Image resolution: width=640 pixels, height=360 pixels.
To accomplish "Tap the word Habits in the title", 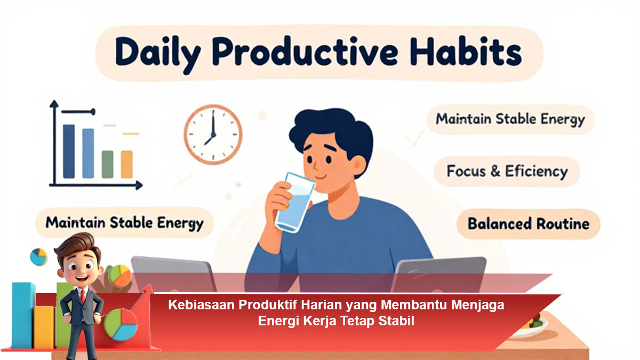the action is point(466,51).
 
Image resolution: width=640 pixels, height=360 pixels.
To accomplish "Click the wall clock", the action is point(213,134).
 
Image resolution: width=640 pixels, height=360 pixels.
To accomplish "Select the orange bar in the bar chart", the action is point(126,164).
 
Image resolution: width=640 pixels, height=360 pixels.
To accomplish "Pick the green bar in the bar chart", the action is point(107,164).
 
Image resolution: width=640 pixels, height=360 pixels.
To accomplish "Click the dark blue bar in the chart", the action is point(69,151).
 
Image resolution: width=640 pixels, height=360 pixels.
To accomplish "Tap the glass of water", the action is point(294,202).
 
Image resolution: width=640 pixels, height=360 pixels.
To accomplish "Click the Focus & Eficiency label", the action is point(507,171).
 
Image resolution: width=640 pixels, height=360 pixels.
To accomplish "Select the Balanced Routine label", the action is point(529,223).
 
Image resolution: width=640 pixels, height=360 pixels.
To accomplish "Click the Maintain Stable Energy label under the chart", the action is point(125,223).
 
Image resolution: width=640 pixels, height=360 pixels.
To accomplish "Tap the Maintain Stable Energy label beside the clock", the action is point(510,119).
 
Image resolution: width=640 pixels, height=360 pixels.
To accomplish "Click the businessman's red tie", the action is point(83,296).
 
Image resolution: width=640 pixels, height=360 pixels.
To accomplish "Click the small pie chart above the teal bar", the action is point(39,257).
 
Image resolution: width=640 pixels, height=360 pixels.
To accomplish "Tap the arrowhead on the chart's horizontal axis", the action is point(139,186).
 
